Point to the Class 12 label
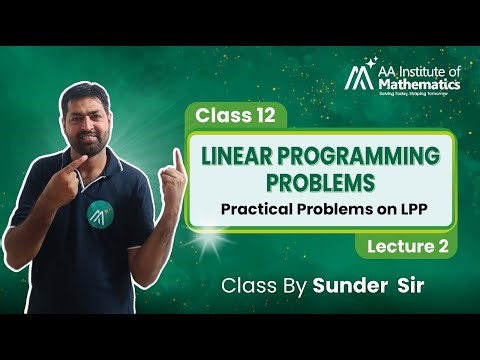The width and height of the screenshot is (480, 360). (235, 115)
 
